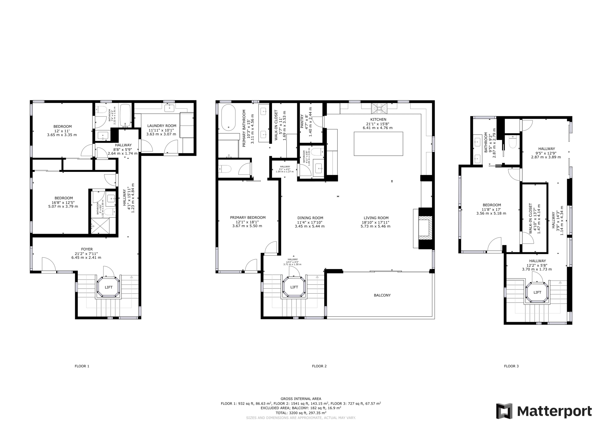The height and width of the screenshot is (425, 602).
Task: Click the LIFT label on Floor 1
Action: click(108, 287)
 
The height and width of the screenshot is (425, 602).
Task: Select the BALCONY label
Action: click(382, 295)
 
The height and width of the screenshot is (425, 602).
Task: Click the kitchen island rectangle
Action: click(378, 144)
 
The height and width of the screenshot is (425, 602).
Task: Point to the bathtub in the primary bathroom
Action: click(229, 118)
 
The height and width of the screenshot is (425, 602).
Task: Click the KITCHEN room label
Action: click(378, 119)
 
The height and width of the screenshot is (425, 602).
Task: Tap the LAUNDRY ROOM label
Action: click(162, 126)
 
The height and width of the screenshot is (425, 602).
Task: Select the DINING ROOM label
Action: click(310, 218)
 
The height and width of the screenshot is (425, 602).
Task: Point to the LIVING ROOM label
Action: click(376, 218)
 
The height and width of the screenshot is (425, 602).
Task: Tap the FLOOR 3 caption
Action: click(511, 366)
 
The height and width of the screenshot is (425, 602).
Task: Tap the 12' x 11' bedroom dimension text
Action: click(62, 131)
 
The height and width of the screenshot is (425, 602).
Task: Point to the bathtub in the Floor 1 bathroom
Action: click(125, 115)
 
